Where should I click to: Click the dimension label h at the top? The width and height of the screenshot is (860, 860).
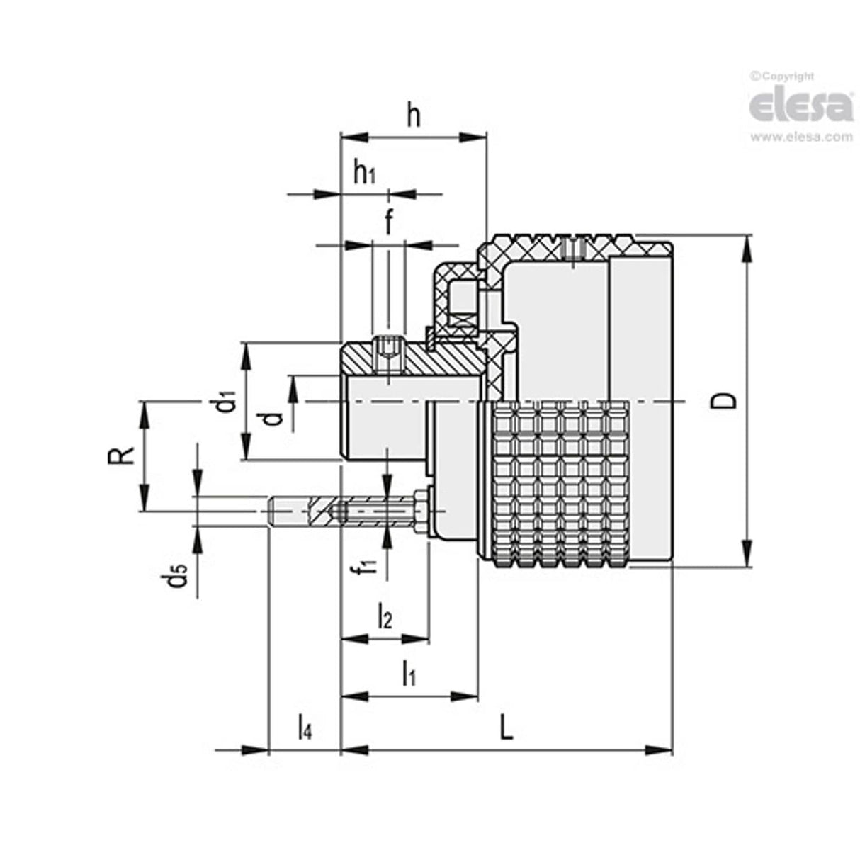[x=414, y=115]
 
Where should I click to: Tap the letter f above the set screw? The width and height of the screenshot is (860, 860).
[x=388, y=221]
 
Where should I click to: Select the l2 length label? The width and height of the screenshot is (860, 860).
[x=384, y=615]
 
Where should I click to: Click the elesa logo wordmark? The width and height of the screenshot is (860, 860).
[x=801, y=106]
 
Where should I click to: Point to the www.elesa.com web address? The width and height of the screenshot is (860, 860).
[x=801, y=137]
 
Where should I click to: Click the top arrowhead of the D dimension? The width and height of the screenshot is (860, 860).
[x=747, y=244]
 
